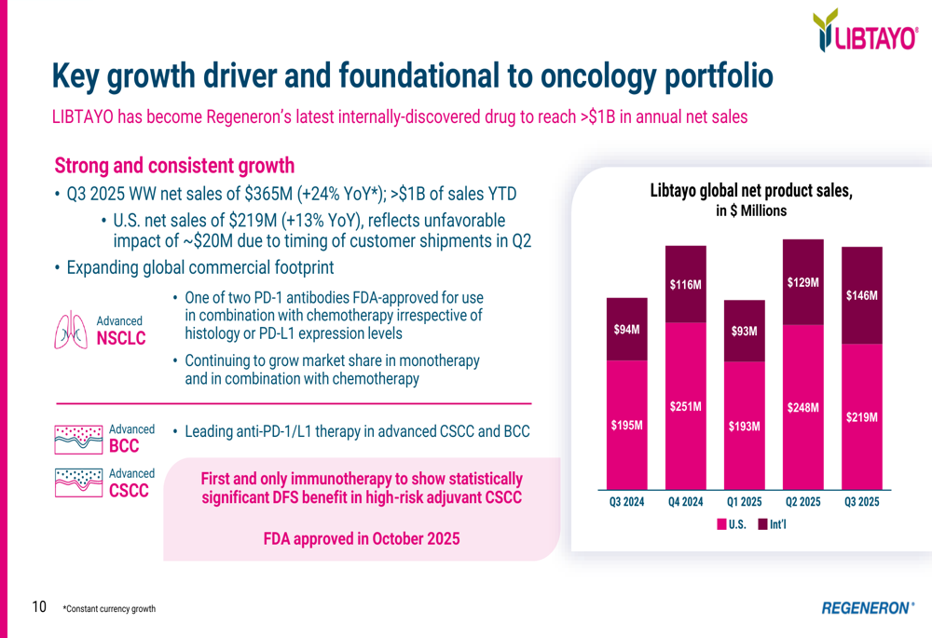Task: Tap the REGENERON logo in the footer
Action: tap(867, 607)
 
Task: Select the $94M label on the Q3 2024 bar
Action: tap(626, 330)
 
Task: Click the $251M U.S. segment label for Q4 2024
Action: tap(685, 406)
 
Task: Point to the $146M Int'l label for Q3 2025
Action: tap(861, 295)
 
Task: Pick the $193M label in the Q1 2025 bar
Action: tap(744, 426)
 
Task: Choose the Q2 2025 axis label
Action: tap(802, 502)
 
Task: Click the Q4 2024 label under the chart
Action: tap(685, 502)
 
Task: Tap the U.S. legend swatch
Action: tap(722, 524)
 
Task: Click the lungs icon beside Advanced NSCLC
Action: tap(74, 332)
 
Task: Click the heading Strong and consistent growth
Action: tap(174, 166)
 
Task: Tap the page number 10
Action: tap(39, 607)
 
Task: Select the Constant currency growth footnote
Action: tap(109, 609)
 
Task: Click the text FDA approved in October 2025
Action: tap(361, 539)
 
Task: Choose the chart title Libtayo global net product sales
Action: tap(750, 191)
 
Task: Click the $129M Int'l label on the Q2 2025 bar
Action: tap(802, 281)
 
